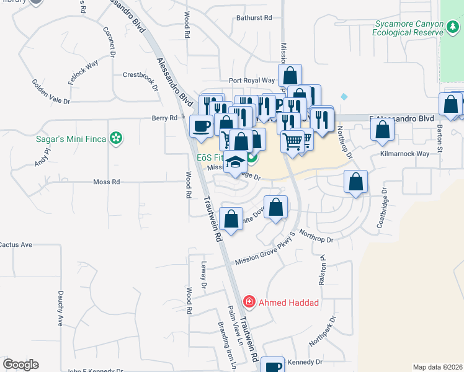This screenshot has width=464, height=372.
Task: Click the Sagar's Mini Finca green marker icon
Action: [x=115, y=138]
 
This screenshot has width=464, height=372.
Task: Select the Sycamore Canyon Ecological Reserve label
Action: [x=410, y=28]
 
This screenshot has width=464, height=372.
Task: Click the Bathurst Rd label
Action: [x=250, y=18]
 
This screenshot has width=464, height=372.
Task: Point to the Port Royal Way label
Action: [x=251, y=81]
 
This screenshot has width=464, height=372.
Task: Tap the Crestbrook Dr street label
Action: [x=142, y=74]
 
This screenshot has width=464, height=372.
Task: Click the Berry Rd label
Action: [x=164, y=118]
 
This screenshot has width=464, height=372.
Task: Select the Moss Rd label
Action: [x=106, y=182]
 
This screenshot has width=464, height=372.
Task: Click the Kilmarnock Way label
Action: [x=404, y=154]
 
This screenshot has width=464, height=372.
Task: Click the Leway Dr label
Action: [x=203, y=275]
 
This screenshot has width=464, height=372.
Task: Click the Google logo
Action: [x=20, y=365]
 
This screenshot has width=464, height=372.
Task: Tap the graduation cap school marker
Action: [x=235, y=163]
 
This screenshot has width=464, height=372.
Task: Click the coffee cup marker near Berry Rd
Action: [x=200, y=126]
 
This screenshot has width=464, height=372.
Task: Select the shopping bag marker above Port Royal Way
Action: [x=290, y=76]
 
